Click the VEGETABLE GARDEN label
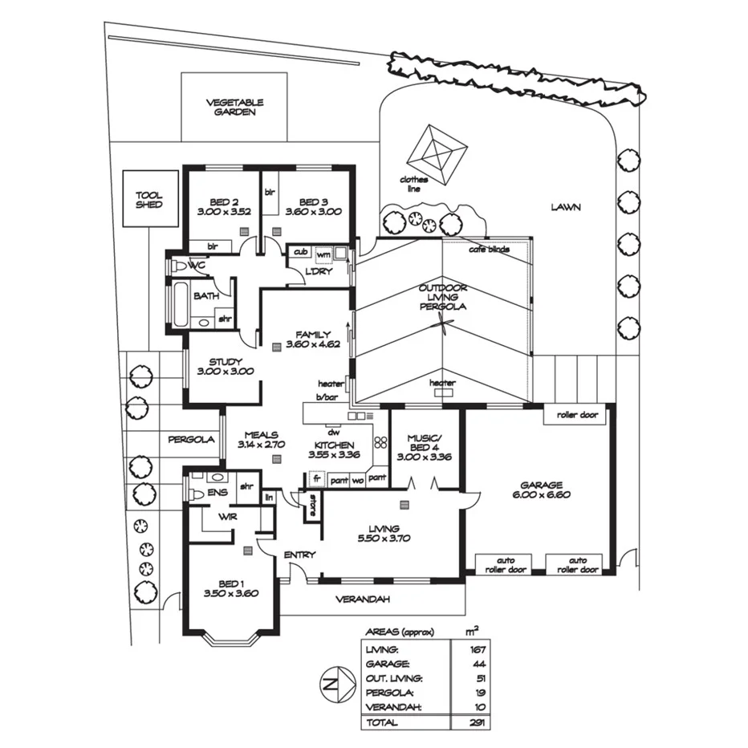click(234, 108)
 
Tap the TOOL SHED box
click(148, 199)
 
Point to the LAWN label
click(565, 207)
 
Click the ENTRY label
click(299, 555)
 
